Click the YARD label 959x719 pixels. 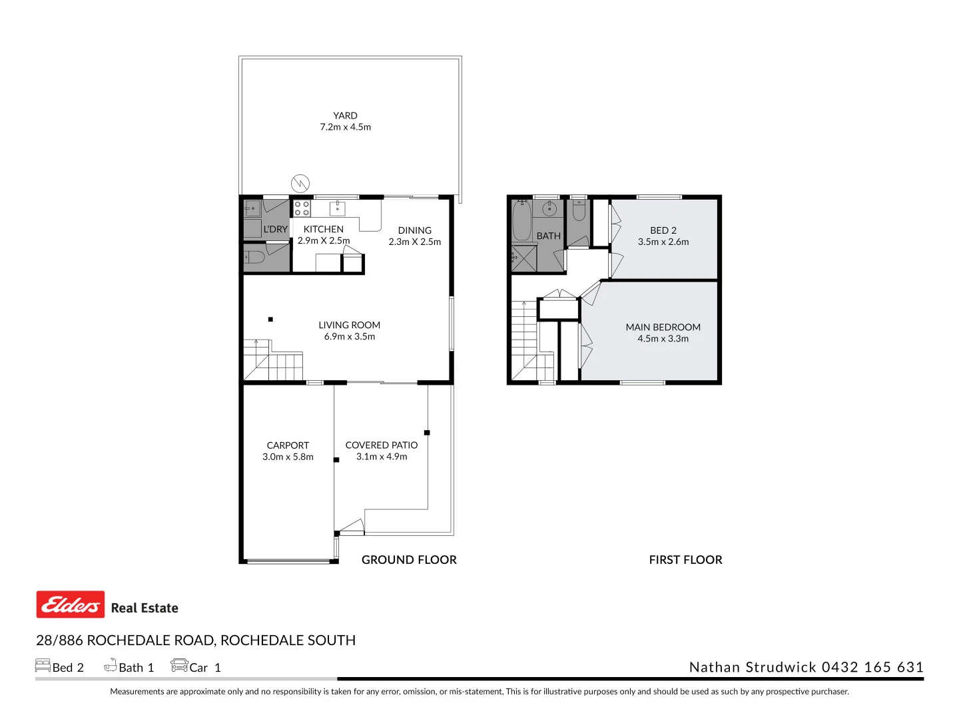coord(345,115)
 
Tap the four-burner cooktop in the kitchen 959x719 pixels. coord(302,208)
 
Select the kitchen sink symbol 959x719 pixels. coord(338,208)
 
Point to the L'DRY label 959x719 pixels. coord(275,229)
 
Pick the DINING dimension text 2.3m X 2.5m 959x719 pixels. coord(414,242)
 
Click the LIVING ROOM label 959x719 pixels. coord(349,325)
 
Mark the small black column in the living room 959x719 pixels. coord(270,320)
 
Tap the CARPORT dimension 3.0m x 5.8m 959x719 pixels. coord(288,457)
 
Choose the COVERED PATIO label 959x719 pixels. coord(381,445)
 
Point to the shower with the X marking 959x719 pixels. coord(523,258)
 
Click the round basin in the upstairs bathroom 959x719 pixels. coord(549,209)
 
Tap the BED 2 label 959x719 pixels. coord(663,230)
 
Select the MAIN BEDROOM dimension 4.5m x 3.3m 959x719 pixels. coord(663,338)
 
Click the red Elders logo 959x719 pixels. coord(71,604)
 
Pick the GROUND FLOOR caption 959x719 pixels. coord(409,560)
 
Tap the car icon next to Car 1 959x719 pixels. coord(179,665)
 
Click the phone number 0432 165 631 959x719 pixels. coord(872,667)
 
